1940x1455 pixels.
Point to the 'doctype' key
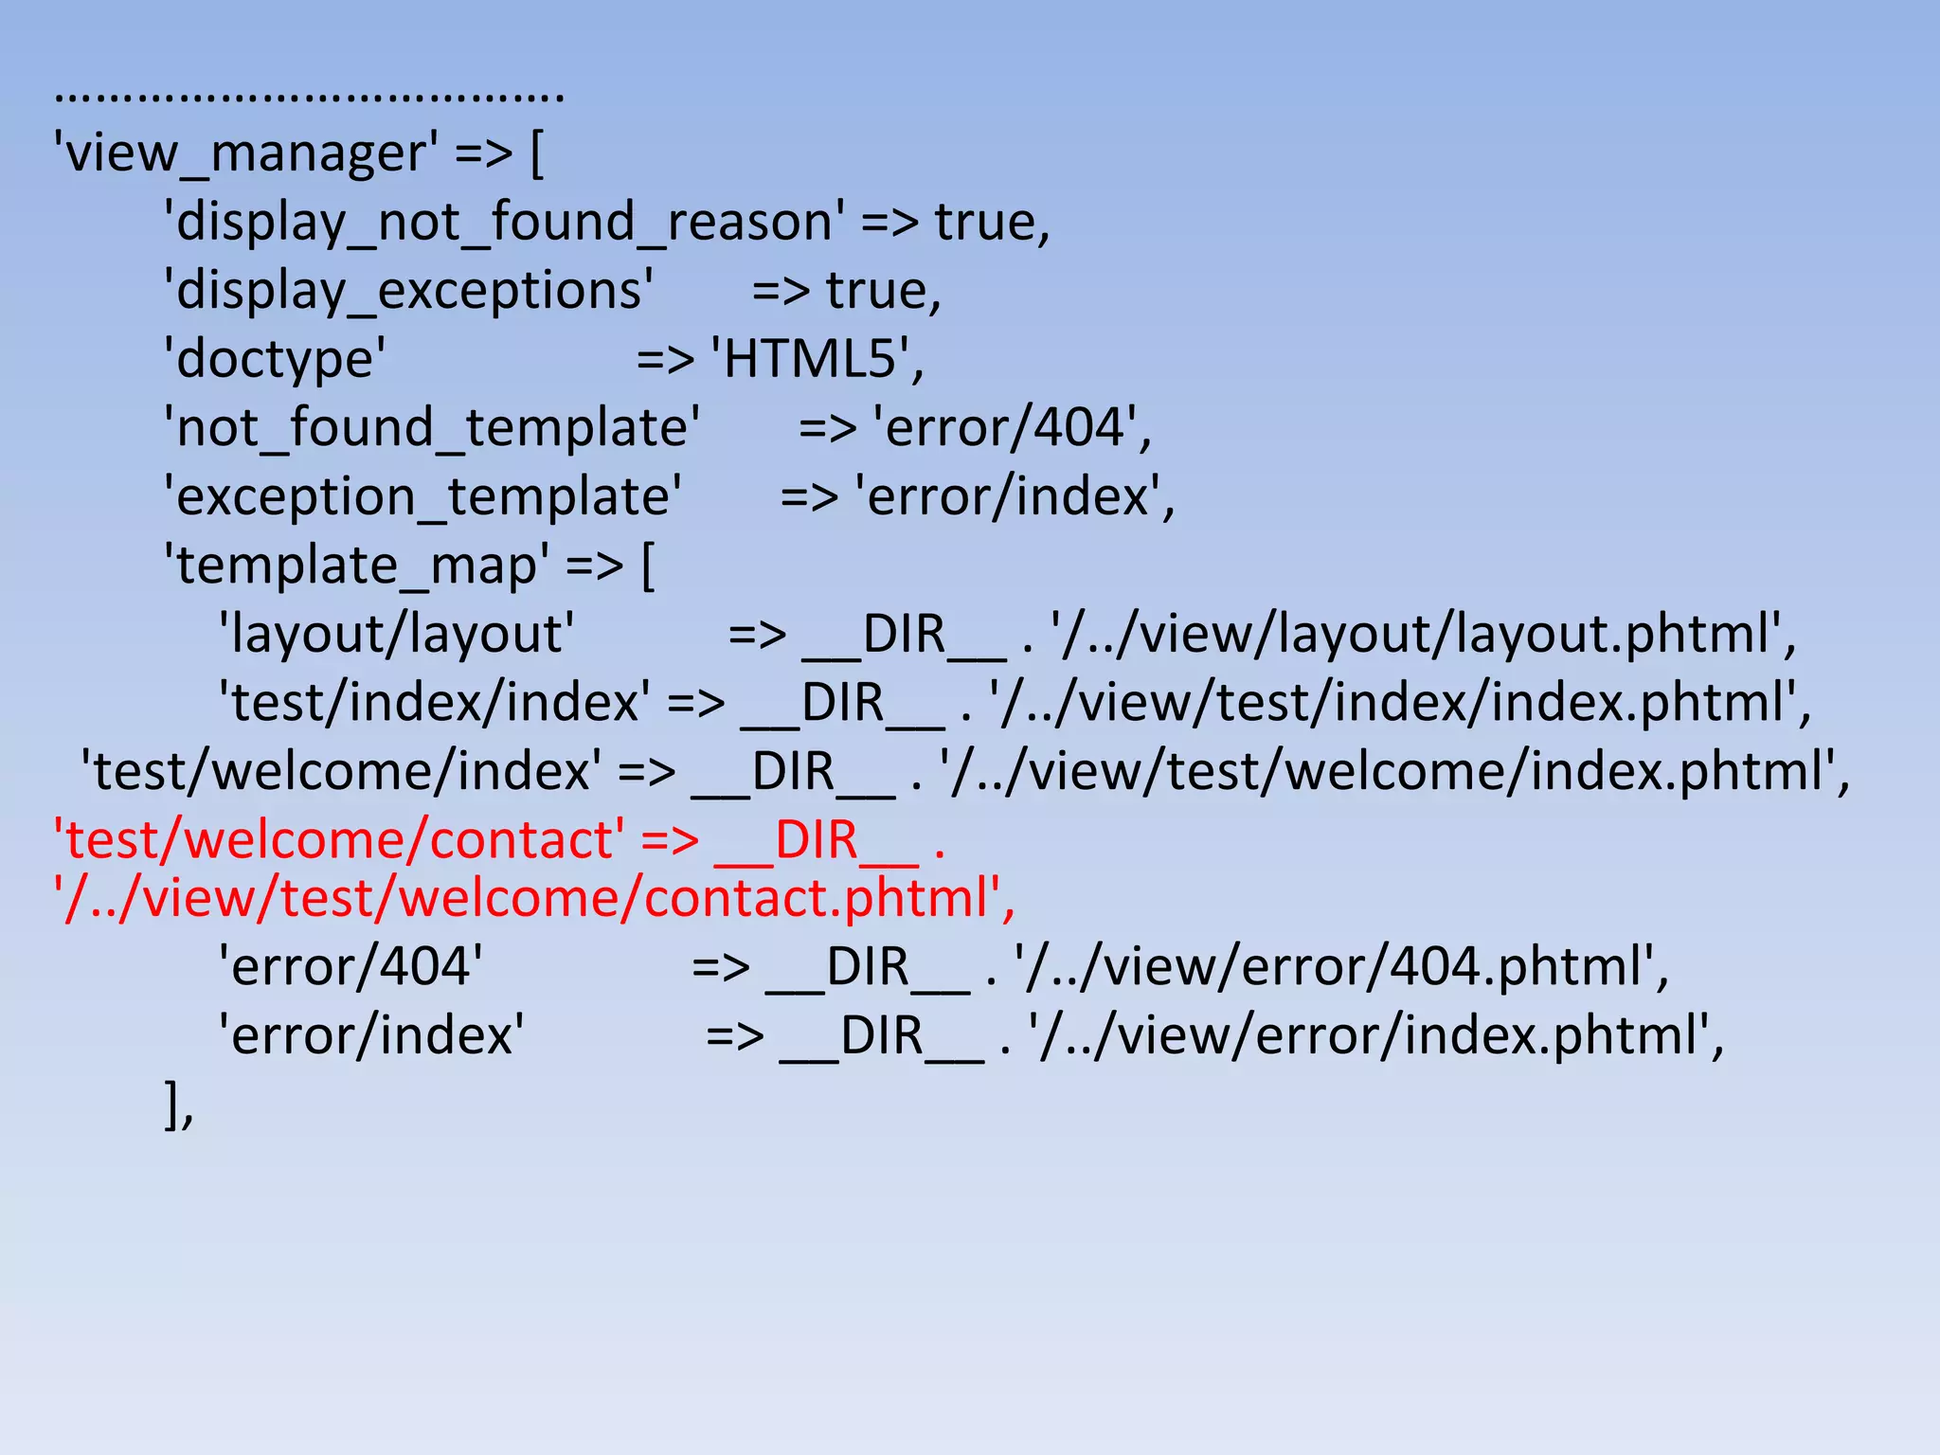[275, 360]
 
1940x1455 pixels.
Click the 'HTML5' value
[811, 360]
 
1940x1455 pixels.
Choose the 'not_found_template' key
[432, 428]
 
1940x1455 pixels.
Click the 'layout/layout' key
[396, 635]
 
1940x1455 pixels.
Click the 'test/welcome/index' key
[341, 772]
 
